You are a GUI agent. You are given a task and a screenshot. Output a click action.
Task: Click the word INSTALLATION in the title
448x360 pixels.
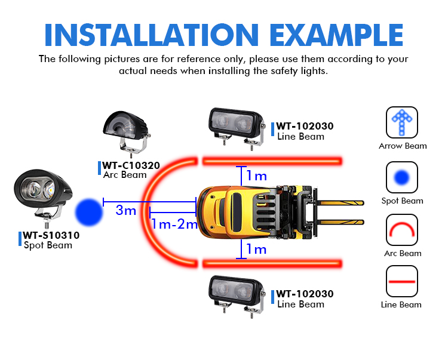[x=152, y=35]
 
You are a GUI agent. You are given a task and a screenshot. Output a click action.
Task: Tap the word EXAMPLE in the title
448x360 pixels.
[x=336, y=35]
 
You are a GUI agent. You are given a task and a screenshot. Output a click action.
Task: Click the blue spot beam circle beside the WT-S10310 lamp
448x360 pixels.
[x=89, y=213]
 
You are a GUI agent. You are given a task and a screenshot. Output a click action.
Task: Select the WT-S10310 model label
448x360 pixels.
[x=51, y=235]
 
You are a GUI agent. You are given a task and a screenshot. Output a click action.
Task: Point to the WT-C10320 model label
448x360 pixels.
[x=131, y=165]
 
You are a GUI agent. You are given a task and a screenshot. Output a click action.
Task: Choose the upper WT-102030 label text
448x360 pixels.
[x=305, y=126]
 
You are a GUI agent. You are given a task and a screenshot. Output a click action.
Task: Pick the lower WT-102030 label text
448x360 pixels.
[x=305, y=294]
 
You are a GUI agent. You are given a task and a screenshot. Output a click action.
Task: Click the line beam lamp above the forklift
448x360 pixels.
[x=237, y=128]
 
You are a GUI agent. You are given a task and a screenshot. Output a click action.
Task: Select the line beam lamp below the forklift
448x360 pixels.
[x=237, y=296]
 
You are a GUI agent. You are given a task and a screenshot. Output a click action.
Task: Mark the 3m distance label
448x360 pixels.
[x=125, y=210]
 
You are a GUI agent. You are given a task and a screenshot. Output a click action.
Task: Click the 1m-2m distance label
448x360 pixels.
[x=174, y=224]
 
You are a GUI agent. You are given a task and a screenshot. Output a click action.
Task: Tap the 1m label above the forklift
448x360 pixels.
[x=257, y=176]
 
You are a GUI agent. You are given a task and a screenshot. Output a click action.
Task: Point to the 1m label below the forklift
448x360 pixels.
[x=257, y=250]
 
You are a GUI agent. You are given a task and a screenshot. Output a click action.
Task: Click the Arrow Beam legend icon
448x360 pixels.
[x=402, y=122]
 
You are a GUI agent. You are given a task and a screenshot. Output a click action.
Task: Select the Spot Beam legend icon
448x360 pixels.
[x=402, y=177]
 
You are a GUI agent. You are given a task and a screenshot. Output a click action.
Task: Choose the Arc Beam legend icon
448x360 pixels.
[x=402, y=230]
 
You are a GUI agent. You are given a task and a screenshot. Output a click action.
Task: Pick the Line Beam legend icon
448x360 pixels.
[x=402, y=281]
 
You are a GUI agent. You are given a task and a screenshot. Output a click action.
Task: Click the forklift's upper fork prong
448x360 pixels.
[x=340, y=203]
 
